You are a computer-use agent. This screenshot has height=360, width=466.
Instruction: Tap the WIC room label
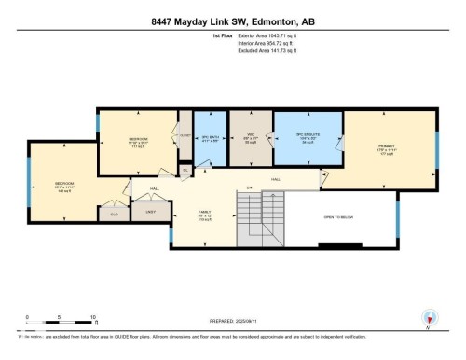point(250,139)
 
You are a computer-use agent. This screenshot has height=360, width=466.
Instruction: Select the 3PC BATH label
point(210,139)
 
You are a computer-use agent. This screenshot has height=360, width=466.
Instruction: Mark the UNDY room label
point(149,212)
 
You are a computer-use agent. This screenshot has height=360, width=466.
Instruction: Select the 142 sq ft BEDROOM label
point(63,185)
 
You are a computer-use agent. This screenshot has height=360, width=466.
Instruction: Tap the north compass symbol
point(428,317)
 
